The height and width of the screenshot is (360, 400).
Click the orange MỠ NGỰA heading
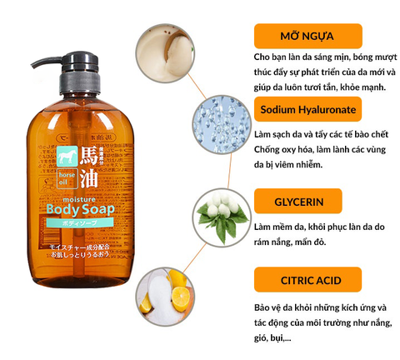coord(307,35)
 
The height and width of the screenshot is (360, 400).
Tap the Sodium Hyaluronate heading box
coord(307,109)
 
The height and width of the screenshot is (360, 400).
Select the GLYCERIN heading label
coord(307,202)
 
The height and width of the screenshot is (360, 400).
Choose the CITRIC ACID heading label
coord(307,277)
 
